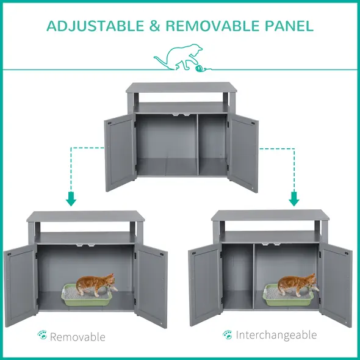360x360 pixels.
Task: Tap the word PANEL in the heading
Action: click(289, 26)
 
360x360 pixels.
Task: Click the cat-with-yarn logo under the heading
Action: click(180, 59)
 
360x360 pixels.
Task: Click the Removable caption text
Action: click(77, 337)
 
